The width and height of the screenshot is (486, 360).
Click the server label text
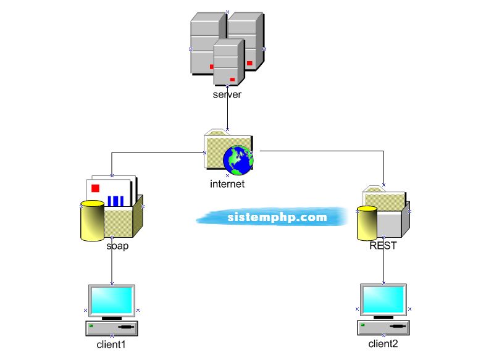(x=227, y=95)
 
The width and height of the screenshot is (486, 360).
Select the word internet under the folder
(x=227, y=184)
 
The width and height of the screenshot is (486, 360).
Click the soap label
(x=117, y=246)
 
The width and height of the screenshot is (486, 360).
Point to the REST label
(x=383, y=245)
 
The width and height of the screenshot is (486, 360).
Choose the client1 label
(x=111, y=344)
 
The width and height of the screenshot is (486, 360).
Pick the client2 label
(x=383, y=344)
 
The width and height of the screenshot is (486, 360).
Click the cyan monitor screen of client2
(x=383, y=299)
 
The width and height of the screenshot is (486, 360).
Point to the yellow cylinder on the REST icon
(x=367, y=224)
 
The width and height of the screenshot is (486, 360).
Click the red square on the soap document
(x=95, y=188)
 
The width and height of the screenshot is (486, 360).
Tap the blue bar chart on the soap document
(x=115, y=201)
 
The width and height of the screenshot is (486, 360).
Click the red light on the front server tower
(x=232, y=79)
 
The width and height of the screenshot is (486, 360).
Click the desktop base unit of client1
(x=111, y=327)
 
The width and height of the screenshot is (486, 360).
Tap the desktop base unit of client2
(x=383, y=327)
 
